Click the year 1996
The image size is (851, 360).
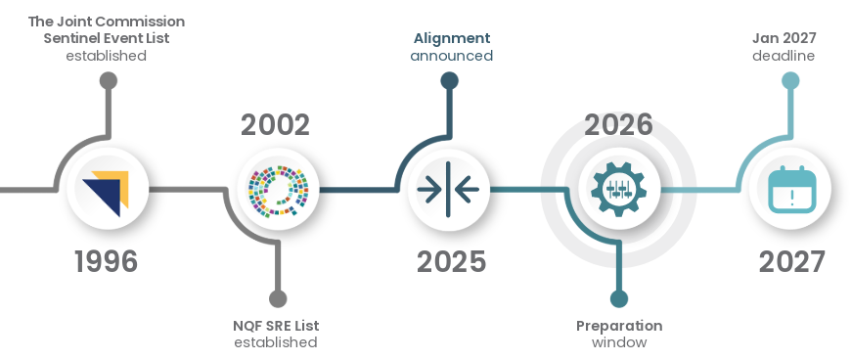[x=107, y=261]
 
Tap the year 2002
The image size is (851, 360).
[x=275, y=125]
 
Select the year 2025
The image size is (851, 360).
[x=451, y=261]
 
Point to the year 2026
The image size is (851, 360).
[x=618, y=125]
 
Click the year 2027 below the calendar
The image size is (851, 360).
[x=792, y=261]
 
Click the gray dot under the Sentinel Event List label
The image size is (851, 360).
[x=108, y=80]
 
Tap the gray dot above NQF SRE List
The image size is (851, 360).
[x=278, y=298]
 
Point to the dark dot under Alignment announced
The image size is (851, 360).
[x=449, y=80]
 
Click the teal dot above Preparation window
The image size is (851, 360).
[x=618, y=298]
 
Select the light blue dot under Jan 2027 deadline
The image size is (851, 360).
[x=790, y=80]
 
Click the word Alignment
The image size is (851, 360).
[x=451, y=38]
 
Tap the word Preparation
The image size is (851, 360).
[x=619, y=326]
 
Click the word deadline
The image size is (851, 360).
[x=784, y=56]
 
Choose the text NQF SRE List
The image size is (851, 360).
[x=276, y=326]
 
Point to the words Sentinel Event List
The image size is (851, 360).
[x=107, y=38]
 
